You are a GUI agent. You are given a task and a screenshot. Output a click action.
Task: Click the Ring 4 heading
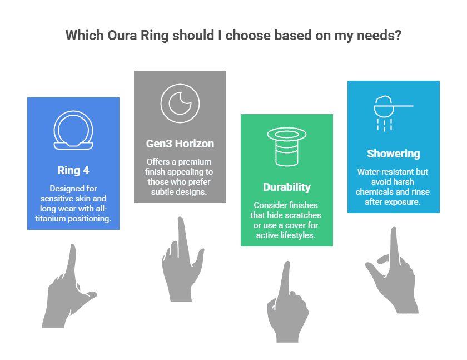pyautogui.click(x=73, y=170)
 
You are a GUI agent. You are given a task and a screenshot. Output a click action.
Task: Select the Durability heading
pyautogui.click(x=286, y=187)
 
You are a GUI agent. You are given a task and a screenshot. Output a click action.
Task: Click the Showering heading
pyautogui.click(x=393, y=154)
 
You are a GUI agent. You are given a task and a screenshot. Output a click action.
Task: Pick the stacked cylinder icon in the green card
pyautogui.click(x=287, y=147)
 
